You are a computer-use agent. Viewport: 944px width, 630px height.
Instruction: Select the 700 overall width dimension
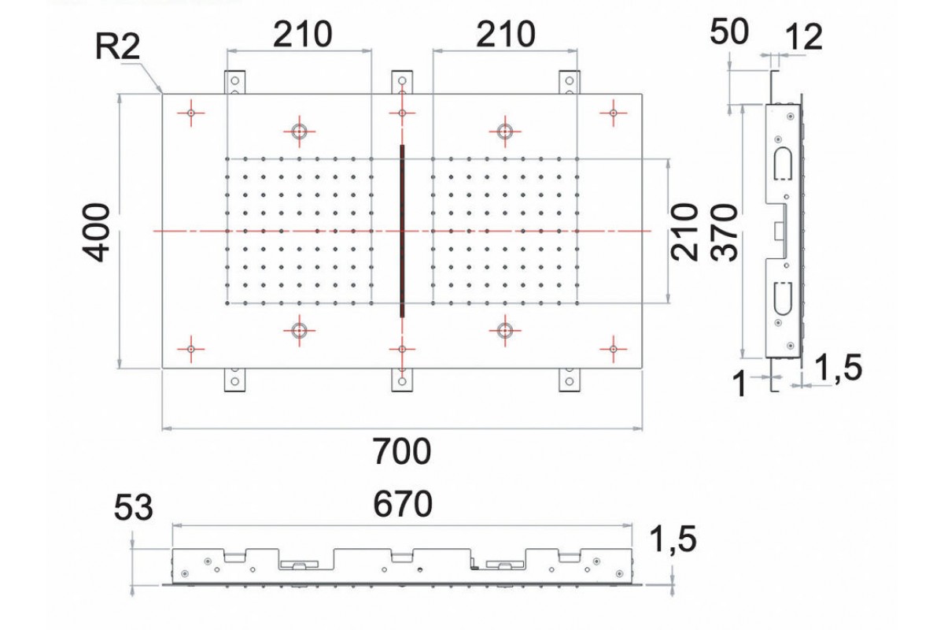(402, 452)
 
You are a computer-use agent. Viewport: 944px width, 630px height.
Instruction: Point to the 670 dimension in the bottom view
(402, 505)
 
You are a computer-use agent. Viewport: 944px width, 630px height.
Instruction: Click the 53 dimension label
(133, 509)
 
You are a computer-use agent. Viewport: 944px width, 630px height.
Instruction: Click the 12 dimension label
(802, 37)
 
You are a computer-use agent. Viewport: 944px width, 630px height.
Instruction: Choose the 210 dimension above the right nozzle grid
(506, 34)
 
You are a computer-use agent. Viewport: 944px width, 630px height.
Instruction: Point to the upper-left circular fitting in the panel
(299, 131)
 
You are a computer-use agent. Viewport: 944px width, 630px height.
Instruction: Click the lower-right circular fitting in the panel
(505, 332)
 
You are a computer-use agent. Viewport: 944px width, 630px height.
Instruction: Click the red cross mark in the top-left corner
(190, 113)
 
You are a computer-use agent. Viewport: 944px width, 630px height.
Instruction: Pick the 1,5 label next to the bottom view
(674, 540)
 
